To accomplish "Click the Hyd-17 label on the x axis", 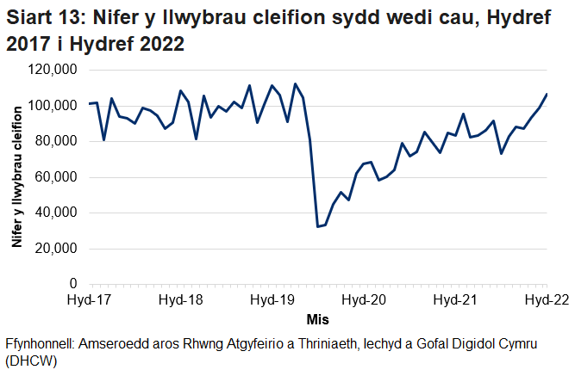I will [90, 300].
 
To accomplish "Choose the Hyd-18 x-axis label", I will [181, 300].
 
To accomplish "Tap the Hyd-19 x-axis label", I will [272, 300].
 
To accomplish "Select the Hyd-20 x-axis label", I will [364, 300].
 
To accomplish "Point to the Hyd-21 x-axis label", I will [455, 300].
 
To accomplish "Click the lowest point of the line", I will [318, 226].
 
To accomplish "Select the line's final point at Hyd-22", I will [547, 94].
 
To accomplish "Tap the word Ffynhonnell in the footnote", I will [38, 343].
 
